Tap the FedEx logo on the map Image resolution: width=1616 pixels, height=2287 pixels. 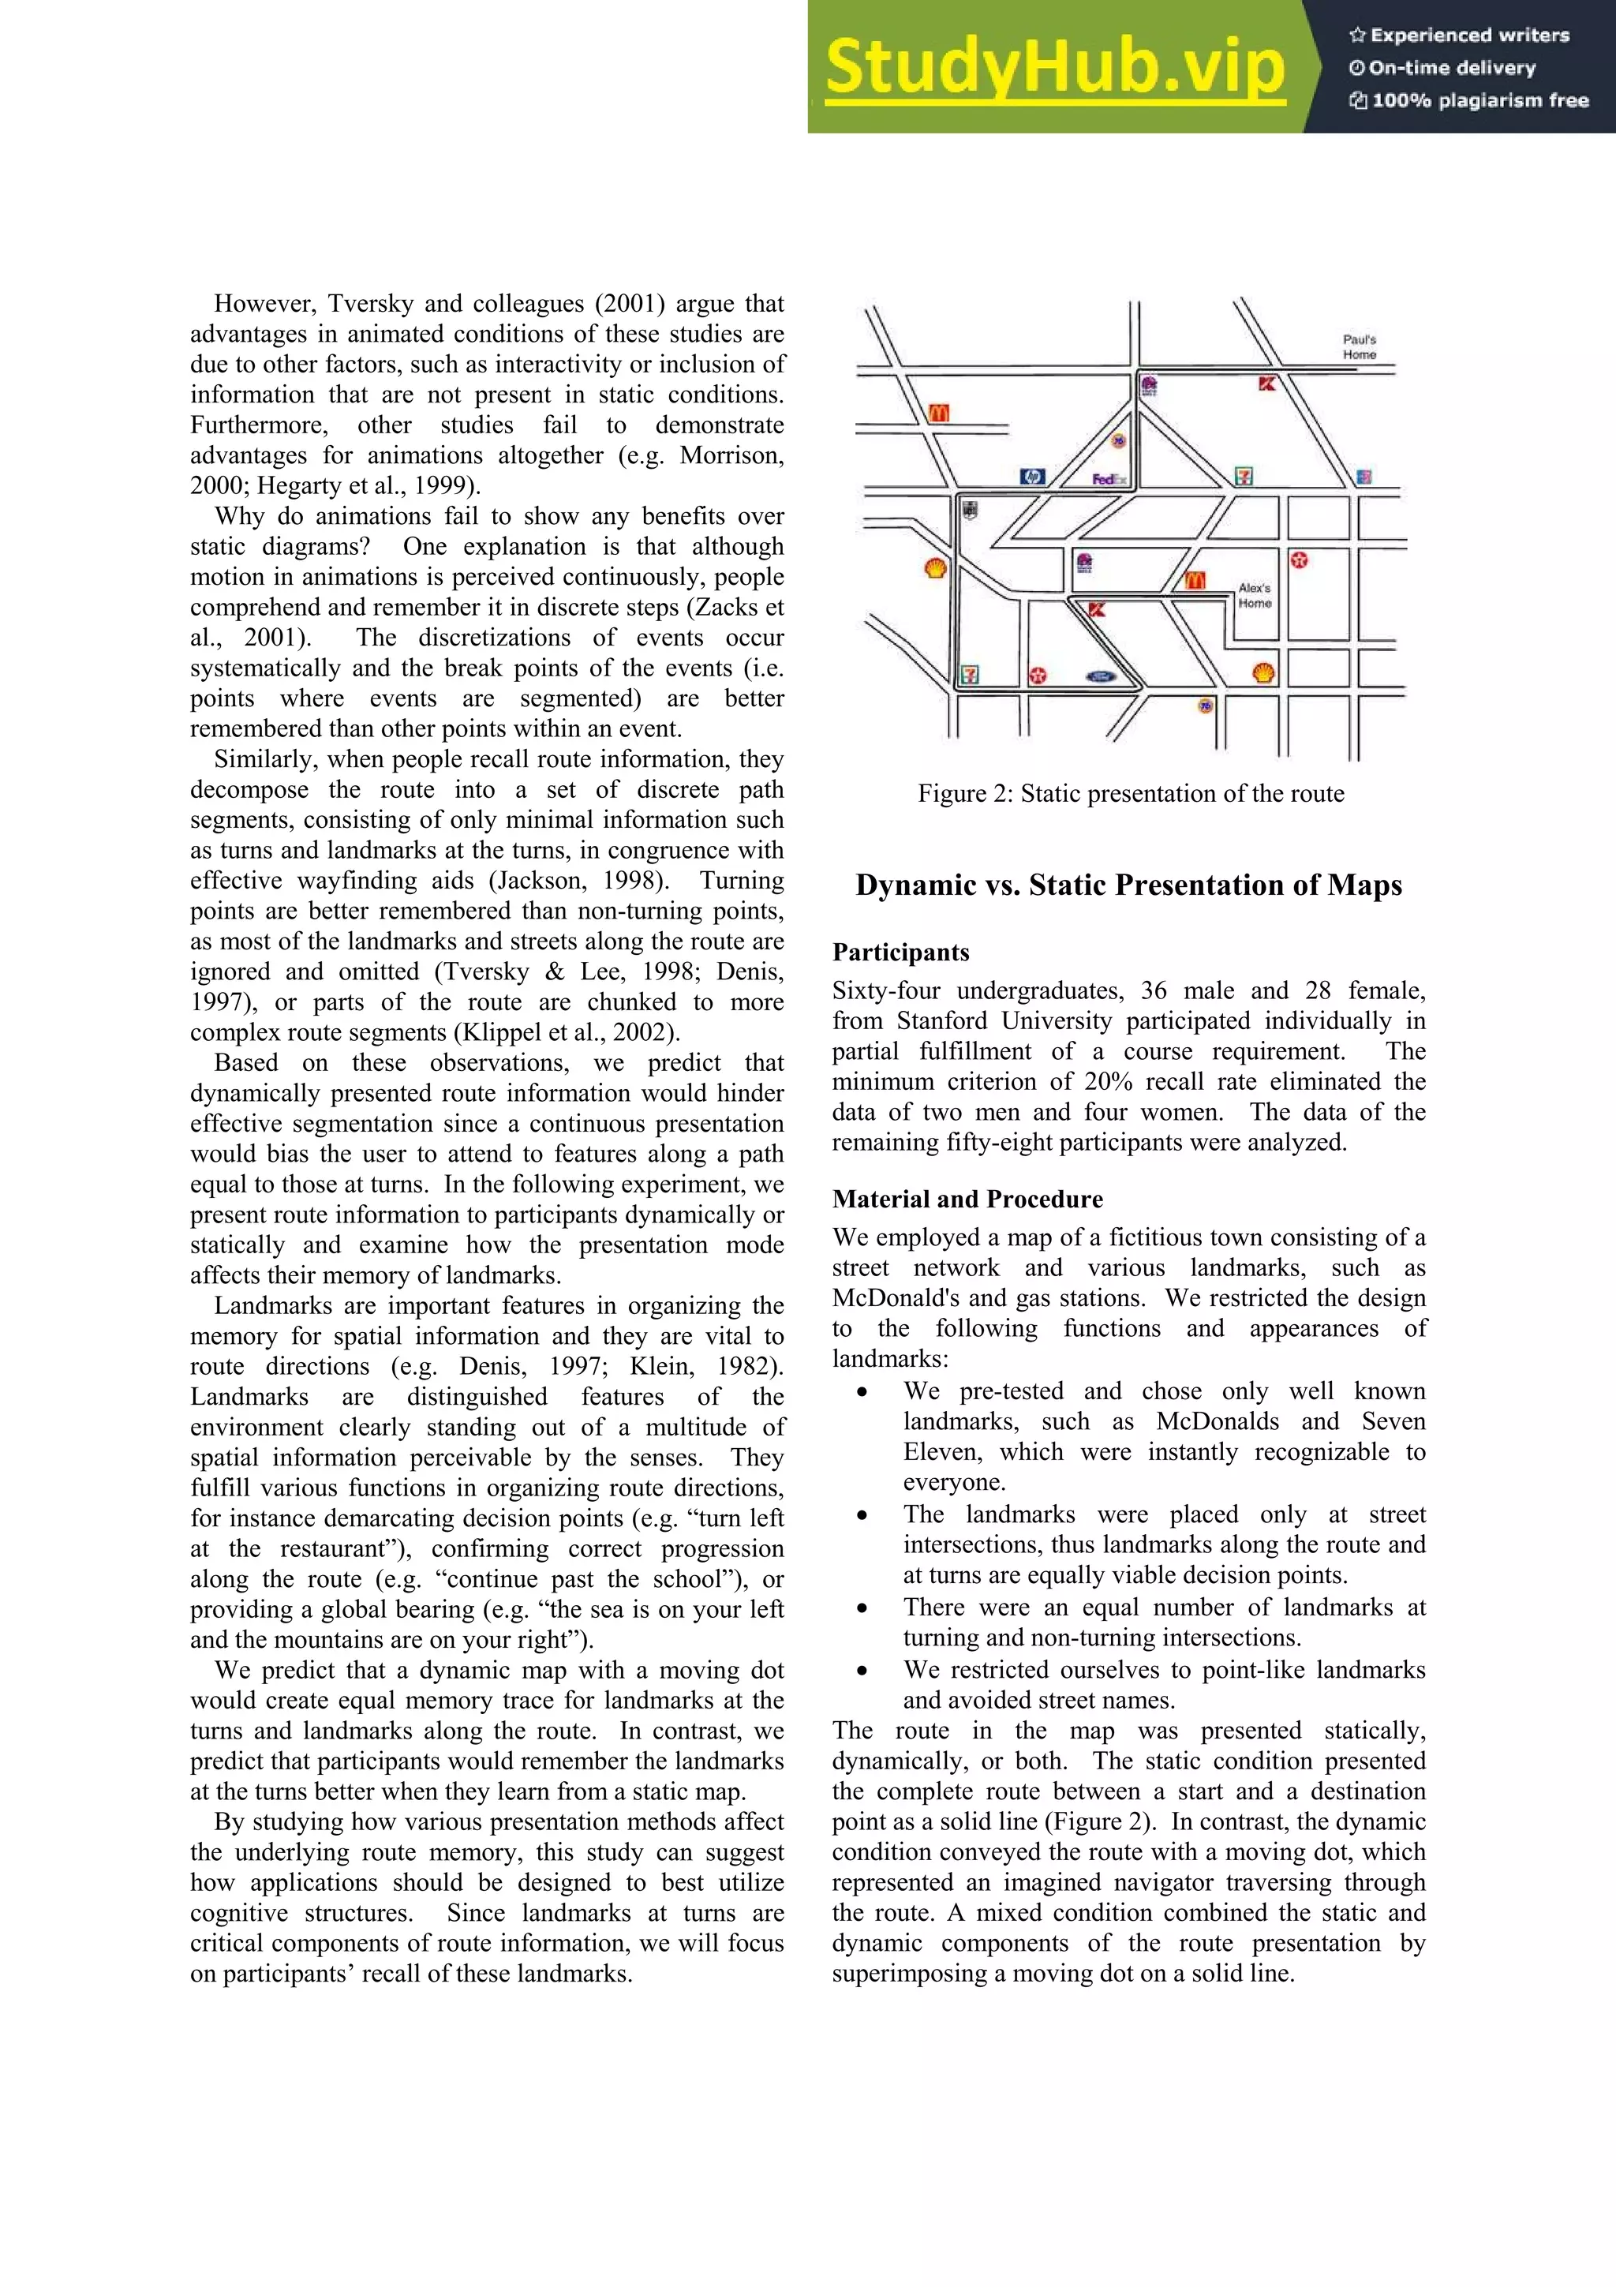click(x=1108, y=479)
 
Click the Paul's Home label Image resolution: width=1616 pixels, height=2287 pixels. click(x=1359, y=346)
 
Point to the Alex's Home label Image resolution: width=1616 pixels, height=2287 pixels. click(x=1255, y=596)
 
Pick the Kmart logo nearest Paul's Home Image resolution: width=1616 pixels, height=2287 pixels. click(x=1266, y=384)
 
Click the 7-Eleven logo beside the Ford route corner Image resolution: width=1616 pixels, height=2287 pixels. click(x=969, y=675)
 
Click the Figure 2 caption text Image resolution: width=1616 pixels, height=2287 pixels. click(x=1130, y=794)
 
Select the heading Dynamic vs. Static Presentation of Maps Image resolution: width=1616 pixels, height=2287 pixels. click(x=1128, y=885)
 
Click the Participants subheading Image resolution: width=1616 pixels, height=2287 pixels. click(x=900, y=953)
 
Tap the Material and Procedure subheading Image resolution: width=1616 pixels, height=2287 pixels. click(x=967, y=1200)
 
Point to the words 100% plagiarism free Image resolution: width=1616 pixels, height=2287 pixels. click(x=1479, y=100)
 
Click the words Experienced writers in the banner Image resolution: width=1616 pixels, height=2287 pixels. click(x=1470, y=36)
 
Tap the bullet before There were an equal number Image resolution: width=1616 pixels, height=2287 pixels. click(x=862, y=1608)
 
